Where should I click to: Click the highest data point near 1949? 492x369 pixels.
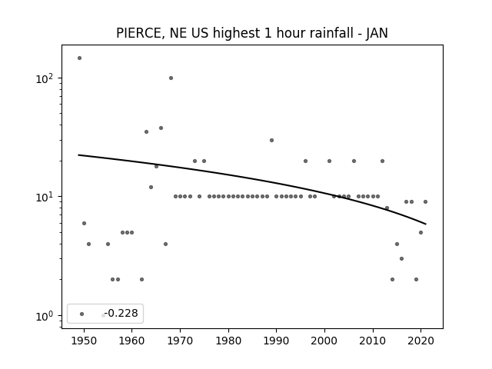(79, 58)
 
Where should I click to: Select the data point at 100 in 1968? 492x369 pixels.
(171, 78)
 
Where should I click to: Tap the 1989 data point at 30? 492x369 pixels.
(271, 140)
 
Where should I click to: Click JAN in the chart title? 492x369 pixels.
(377, 33)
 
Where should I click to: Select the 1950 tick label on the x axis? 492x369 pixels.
(84, 341)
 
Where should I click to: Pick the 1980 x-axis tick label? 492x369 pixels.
(228, 341)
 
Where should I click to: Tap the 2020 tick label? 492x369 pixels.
(421, 341)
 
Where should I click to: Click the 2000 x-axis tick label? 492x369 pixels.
(324, 341)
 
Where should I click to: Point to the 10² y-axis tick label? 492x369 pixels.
(46, 78)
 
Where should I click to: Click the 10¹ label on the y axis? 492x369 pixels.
(46, 197)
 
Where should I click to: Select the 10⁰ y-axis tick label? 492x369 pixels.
(46, 316)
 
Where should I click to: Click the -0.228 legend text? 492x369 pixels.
(121, 313)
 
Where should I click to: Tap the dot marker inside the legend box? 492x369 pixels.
(82, 314)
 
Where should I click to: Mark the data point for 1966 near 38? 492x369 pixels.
(161, 128)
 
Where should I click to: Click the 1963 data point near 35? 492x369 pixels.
(146, 131)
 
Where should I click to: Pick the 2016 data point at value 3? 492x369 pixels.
(401, 258)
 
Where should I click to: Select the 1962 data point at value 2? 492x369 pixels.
(141, 279)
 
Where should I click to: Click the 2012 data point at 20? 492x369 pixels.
(383, 161)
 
